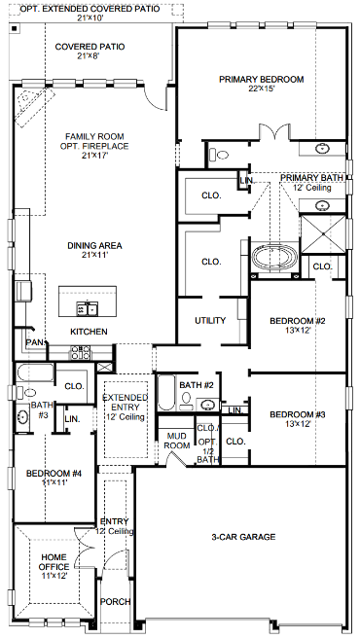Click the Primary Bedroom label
[262, 79]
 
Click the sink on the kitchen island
[90, 309]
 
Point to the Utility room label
[210, 320]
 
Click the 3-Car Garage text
[244, 537]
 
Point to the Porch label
[116, 602]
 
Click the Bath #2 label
[196, 385]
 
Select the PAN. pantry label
[34, 342]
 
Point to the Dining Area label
[93, 246]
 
